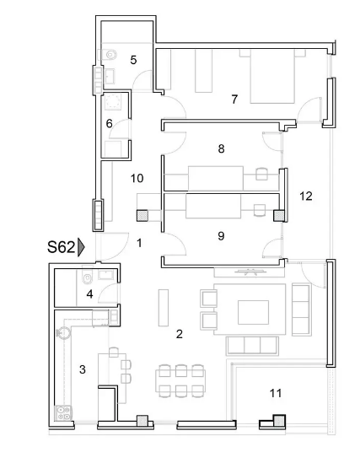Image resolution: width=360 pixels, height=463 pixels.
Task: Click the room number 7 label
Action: [234, 100]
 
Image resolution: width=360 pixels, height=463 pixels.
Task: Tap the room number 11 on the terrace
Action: [276, 393]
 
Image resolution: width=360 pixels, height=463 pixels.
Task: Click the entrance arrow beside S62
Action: [82, 247]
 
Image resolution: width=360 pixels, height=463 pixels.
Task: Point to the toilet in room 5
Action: [115, 55]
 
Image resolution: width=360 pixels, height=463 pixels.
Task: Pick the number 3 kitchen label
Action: [82, 369]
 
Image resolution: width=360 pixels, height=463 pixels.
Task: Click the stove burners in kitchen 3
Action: [62, 412]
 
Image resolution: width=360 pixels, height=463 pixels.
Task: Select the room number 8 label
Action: [221, 149]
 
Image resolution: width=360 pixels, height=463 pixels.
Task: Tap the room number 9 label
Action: [221, 236]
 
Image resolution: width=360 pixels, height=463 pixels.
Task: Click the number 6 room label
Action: [109, 124]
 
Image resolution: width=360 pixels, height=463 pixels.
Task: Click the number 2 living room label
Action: [179, 335]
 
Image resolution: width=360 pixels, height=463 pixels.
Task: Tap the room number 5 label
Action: [133, 60]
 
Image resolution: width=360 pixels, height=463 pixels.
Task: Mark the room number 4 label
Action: [89, 294]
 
